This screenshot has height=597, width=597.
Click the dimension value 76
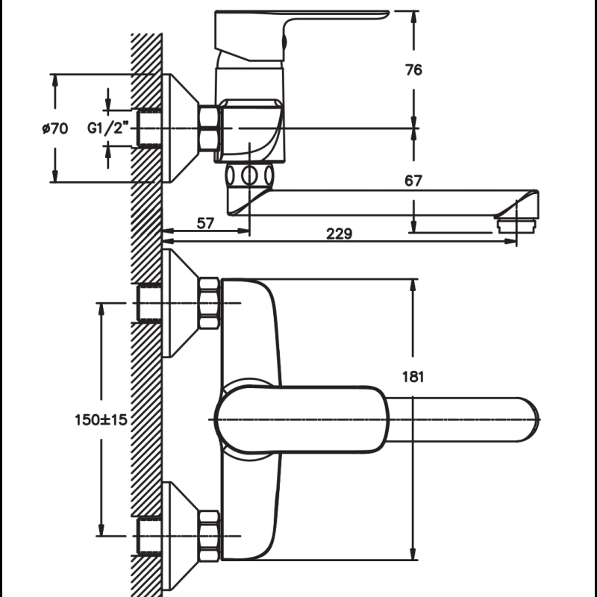(x=413, y=70)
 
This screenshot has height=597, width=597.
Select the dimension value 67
(x=413, y=181)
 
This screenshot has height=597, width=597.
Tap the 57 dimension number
(x=206, y=223)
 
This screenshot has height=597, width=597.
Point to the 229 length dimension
(x=340, y=234)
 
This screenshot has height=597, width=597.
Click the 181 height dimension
(x=413, y=377)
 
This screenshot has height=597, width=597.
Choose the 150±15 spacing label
(x=101, y=420)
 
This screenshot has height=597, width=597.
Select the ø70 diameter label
(x=55, y=128)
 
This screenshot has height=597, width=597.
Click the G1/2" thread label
(x=105, y=128)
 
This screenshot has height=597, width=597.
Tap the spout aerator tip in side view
(x=516, y=225)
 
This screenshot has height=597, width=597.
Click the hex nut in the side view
(x=209, y=128)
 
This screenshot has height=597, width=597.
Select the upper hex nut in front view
(x=209, y=303)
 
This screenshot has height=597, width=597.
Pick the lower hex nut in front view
(x=209, y=536)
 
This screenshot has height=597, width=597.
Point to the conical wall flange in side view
(x=181, y=128)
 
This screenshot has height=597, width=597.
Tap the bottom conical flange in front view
(x=181, y=536)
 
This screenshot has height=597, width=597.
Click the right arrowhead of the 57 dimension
(x=243, y=231)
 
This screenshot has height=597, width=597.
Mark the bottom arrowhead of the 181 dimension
(x=413, y=554)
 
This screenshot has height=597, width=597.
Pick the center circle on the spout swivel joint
(x=249, y=176)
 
